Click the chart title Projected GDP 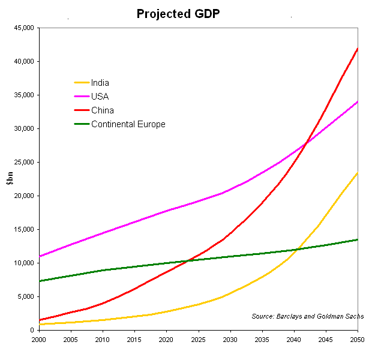(178, 13)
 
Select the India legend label (100, 83)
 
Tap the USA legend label (100, 97)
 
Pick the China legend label (103, 110)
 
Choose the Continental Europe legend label (128, 124)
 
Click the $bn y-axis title (9, 178)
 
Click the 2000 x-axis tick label (39, 339)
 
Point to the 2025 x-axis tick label (199, 339)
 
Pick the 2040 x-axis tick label (294, 339)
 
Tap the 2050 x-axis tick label (358, 339)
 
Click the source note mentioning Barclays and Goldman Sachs (307, 316)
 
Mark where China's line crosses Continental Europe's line (188, 260)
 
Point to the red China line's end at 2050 (358, 49)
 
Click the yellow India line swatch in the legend (81, 83)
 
